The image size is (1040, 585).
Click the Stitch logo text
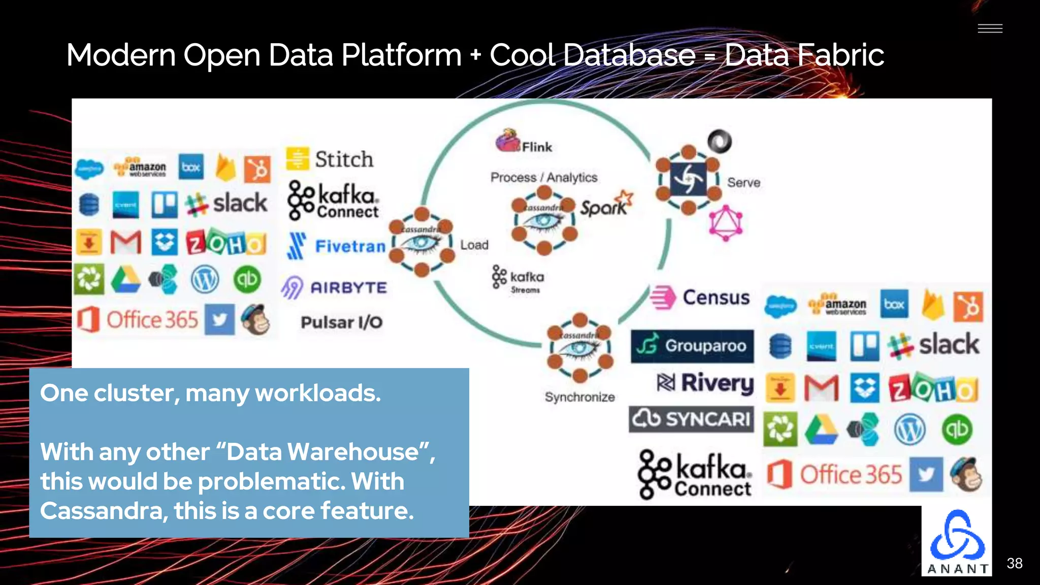coord(344,159)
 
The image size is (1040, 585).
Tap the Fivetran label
coord(350,246)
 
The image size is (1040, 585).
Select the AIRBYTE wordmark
coord(348,288)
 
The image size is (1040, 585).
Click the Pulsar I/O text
coord(341,322)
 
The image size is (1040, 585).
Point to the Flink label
coord(536,147)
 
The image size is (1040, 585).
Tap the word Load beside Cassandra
coord(474,245)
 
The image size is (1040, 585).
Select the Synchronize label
coord(579,397)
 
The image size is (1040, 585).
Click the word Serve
coord(743,182)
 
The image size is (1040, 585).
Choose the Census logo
coord(701,298)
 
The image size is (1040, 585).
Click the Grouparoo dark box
coord(692,346)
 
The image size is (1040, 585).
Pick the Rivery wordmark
coord(706,383)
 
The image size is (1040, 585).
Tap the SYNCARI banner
coord(691,419)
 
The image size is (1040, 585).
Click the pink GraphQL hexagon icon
coord(726,223)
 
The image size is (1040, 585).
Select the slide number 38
coord(1014,563)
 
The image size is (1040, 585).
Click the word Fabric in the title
coord(840,55)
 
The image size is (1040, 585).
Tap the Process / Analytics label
coord(543,177)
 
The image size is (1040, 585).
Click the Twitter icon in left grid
coord(219,319)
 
